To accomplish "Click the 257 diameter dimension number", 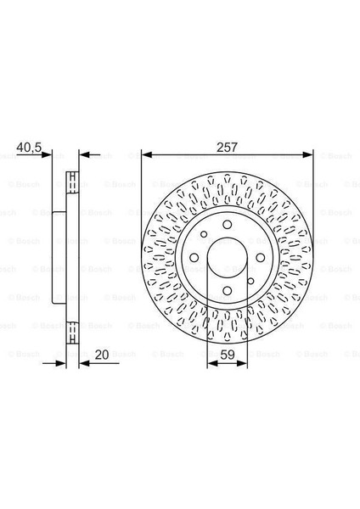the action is (227, 147).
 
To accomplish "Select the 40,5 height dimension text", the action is (29, 147).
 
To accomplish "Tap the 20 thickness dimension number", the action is (102, 354).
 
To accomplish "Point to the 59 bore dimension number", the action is (227, 355).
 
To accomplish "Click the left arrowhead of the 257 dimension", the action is (147, 155).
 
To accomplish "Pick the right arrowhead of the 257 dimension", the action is (307, 155).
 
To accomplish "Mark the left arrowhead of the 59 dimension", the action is (213, 364).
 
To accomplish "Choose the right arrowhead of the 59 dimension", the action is (242, 364).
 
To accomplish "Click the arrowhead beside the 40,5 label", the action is (47, 155).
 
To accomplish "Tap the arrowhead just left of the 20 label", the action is (84, 364).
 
